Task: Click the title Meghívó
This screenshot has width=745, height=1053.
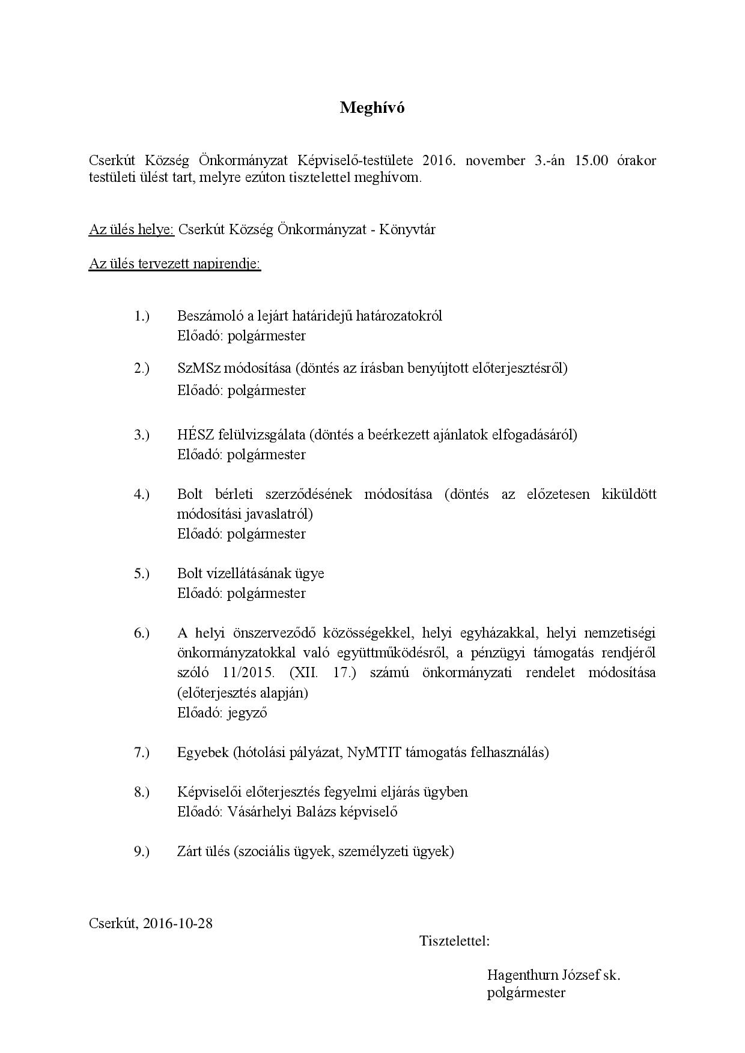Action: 372,107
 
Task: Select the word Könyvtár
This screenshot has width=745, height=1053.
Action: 408,229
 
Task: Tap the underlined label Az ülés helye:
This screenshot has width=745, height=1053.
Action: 132,229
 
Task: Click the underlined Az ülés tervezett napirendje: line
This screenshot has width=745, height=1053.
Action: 175,264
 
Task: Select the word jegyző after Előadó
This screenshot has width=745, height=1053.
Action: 247,713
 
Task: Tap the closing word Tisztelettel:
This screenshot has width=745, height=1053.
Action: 455,941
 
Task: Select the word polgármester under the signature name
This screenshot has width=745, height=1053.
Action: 526,992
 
